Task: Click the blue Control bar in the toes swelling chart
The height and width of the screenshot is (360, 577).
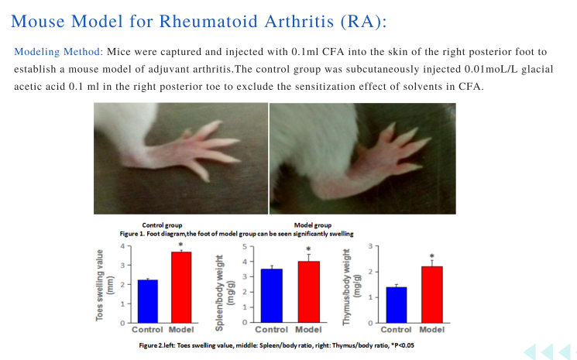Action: click(x=148, y=301)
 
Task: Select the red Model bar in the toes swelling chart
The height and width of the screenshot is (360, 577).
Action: click(x=181, y=287)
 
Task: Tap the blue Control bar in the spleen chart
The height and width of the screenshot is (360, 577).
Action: click(x=272, y=296)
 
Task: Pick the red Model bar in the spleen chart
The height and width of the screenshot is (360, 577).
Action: click(x=308, y=293)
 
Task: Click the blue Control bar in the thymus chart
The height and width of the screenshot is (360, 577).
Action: click(x=397, y=305)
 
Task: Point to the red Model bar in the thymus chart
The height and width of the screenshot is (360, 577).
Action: click(x=431, y=295)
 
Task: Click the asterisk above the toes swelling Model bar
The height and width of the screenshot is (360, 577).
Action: click(x=180, y=245)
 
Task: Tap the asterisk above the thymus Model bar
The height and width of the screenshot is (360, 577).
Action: click(x=431, y=256)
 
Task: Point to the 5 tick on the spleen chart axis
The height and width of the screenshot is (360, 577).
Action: click(x=245, y=246)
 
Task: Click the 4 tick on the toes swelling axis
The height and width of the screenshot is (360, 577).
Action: click(x=123, y=246)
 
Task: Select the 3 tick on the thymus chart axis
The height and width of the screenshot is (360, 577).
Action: click(x=370, y=246)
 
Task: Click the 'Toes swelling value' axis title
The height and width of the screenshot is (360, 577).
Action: click(x=99, y=286)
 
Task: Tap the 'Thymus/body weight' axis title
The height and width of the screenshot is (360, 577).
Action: click(x=346, y=287)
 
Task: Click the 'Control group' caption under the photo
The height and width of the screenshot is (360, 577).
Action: click(x=162, y=225)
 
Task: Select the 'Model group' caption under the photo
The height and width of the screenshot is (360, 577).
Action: click(x=313, y=225)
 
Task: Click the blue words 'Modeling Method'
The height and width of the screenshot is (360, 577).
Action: click(x=57, y=52)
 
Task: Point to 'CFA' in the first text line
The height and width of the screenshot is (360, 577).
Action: click(x=333, y=51)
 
